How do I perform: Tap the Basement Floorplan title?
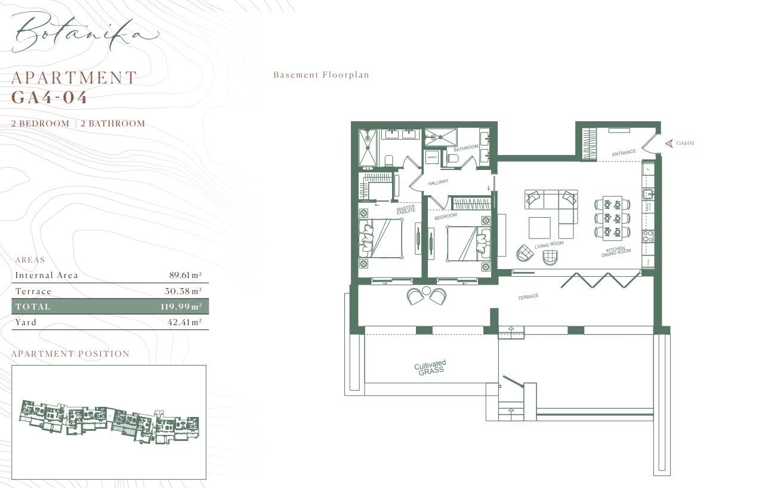(321, 75)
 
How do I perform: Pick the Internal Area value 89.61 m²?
(185, 276)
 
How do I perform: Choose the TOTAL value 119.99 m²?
(183, 307)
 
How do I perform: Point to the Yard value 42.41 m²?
(185, 322)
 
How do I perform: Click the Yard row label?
(26, 322)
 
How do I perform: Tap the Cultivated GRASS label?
(430, 366)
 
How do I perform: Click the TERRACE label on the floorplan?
(528, 296)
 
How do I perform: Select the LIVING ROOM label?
(549, 245)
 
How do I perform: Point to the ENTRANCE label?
(624, 153)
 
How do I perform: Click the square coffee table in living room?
(540, 227)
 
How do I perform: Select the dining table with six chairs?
(612, 217)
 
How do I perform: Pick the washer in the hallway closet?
(433, 157)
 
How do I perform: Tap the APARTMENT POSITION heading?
(70, 354)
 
